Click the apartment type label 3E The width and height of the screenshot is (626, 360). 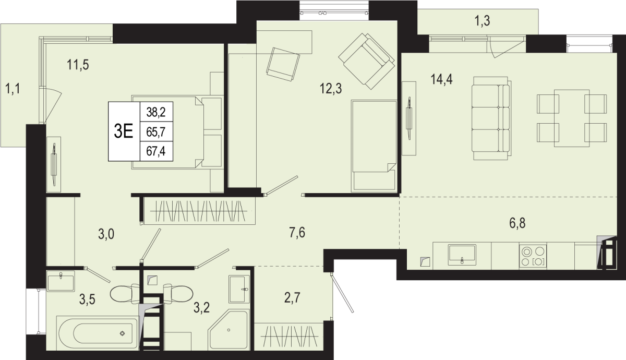point(123,131)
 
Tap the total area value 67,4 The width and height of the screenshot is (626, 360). point(156,151)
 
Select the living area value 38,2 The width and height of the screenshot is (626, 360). point(156,112)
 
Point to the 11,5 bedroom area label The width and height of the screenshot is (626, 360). point(78,65)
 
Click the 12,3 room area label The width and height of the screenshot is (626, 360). point(331,89)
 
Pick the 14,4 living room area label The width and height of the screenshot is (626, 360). point(441,79)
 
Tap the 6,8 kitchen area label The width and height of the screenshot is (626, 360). point(517,223)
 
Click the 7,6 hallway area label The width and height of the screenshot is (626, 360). point(297,233)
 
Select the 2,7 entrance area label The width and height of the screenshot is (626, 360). point(292,298)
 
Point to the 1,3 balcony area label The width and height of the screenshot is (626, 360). point(483,21)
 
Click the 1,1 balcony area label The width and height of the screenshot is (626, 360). point(13,89)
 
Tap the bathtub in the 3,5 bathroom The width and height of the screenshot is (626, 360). point(97,333)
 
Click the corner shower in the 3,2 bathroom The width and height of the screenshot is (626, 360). point(228,329)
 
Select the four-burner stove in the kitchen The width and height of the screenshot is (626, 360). point(533,257)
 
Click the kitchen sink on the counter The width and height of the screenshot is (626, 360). point(462,255)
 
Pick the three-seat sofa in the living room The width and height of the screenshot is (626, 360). point(491,118)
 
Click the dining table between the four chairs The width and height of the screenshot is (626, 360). point(572,118)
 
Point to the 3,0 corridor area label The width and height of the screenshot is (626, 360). point(106,234)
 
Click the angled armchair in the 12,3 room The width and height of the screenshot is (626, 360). point(366,61)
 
